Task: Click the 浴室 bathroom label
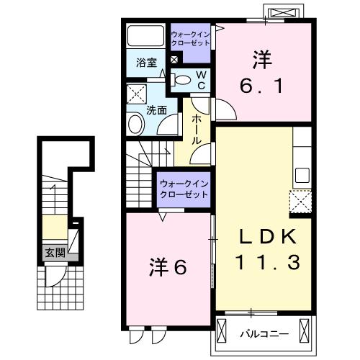coord(146,63)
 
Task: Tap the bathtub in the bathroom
coord(145,35)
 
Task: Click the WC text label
coord(202,80)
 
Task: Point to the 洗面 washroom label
coord(156,110)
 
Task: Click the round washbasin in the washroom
coord(135,124)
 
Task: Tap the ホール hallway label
coord(197,129)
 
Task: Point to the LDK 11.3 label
coord(268,249)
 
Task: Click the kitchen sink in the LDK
coord(302,175)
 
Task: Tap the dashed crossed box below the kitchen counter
coord(300,201)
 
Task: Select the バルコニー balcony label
coord(264,334)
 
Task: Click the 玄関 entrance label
coord(55,253)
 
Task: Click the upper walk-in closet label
coord(190,39)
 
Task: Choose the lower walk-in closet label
coord(184,189)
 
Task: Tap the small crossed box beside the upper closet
coord(174,60)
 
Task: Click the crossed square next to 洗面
coord(136,94)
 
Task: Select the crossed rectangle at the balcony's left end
coord(221,331)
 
